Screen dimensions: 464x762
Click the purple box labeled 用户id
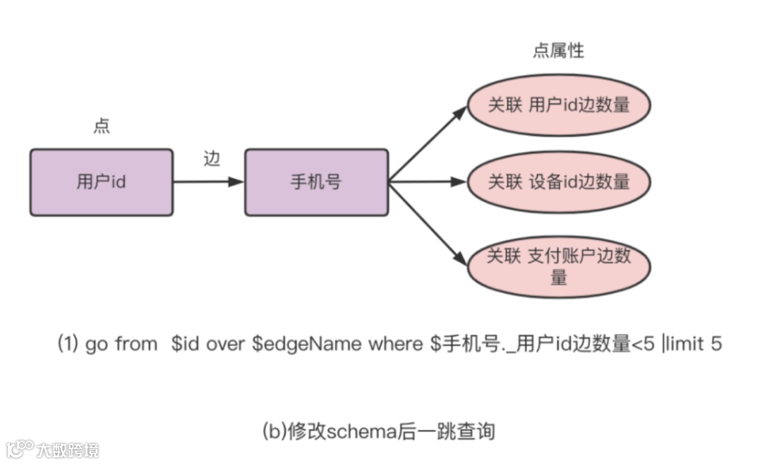click(101, 182)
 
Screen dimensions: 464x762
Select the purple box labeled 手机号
click(316, 182)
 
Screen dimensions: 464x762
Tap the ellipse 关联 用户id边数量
click(558, 106)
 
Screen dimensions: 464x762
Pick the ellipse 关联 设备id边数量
click(558, 182)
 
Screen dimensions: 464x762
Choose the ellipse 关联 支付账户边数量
click(558, 266)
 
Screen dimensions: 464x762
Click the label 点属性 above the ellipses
click(558, 51)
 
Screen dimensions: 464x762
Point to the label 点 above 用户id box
click(102, 126)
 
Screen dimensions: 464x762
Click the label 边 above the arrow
click(212, 159)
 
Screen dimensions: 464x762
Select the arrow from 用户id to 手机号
click(209, 182)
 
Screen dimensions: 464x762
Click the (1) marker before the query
click(68, 345)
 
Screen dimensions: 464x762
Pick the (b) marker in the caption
click(274, 430)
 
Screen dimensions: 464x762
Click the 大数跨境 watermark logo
click(53, 449)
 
